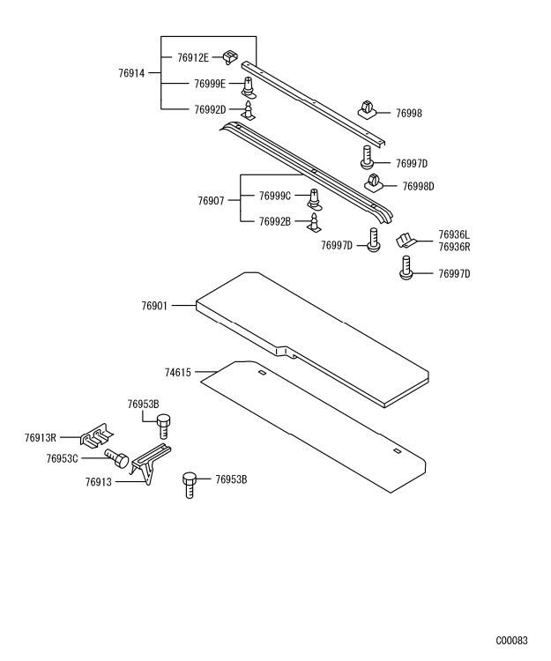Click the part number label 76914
coord(132,74)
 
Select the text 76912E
coord(192,57)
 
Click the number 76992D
coord(210,110)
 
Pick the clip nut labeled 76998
coord(369,110)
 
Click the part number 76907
coord(212,201)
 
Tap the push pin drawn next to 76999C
coord(315,197)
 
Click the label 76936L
coord(454,234)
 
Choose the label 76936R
coord(454,247)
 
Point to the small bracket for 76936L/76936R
coord(406,240)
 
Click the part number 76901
coord(155,306)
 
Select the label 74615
coord(176,373)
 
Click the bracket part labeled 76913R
coord(93,435)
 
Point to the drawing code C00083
coord(511,641)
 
